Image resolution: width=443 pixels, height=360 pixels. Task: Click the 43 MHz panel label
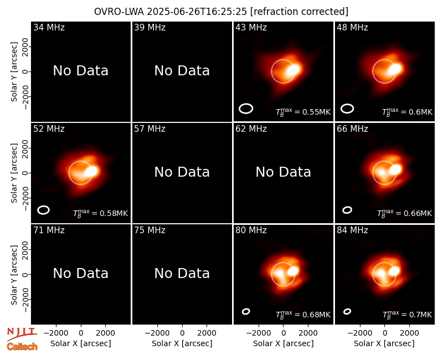coord(251,27)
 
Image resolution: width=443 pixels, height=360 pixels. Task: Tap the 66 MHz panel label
coord(352,129)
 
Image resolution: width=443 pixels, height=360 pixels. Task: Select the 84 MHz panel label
coord(352,230)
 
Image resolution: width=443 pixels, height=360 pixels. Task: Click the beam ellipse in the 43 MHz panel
coord(246,109)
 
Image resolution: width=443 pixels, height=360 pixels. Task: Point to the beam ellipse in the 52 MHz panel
coord(44,210)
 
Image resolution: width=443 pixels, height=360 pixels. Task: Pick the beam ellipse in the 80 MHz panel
coord(246,311)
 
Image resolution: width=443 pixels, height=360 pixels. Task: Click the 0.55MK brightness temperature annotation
coord(303,112)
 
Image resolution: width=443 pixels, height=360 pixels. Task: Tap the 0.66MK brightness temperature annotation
coord(405,213)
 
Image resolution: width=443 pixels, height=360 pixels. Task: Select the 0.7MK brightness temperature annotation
coord(408,315)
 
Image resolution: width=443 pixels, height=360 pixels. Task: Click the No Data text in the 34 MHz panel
coord(81,71)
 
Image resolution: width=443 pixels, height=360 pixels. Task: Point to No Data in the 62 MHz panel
coord(284,172)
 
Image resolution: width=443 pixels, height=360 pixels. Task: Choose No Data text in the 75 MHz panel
coord(182,274)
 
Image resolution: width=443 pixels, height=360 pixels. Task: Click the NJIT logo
coord(22,334)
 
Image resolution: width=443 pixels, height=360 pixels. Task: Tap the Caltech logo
coord(22,347)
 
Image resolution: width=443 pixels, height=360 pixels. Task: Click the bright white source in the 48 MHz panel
coord(395,69)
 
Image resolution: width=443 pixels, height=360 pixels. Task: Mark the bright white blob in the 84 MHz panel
coord(394,271)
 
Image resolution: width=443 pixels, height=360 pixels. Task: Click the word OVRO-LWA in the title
coord(119,12)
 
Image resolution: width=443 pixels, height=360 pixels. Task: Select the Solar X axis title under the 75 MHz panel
coord(182,343)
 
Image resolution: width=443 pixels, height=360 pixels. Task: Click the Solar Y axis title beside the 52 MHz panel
coord(14,173)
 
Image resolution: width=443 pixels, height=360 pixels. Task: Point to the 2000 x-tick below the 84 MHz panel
coord(409,333)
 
